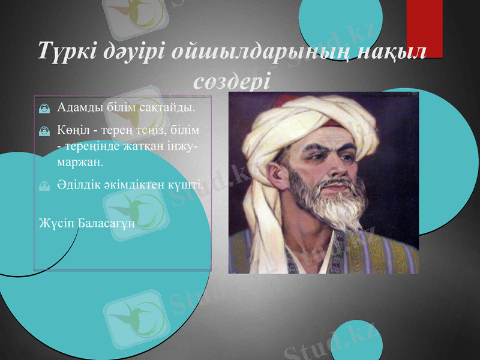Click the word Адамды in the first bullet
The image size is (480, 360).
click(79, 109)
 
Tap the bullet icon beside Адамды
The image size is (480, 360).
click(44, 109)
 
